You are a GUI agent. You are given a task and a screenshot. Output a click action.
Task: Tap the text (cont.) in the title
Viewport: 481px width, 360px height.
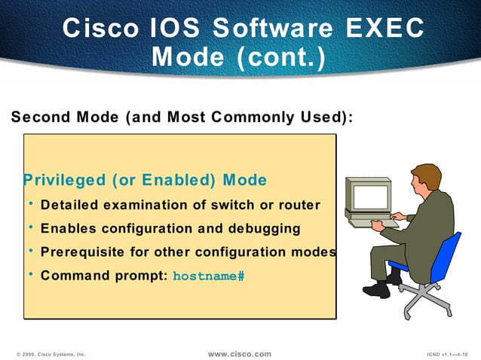coord(279,57)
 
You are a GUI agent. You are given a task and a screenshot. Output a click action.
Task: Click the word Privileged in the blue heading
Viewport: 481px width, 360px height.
coord(65,181)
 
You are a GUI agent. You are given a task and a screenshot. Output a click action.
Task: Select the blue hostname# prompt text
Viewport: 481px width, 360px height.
coord(209,276)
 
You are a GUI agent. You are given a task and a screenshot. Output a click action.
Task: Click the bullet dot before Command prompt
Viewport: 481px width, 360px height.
coord(30,274)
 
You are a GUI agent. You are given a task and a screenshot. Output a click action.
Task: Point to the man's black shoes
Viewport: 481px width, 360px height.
coord(381,288)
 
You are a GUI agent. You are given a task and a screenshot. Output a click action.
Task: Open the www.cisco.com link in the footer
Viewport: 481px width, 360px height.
coord(239,353)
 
